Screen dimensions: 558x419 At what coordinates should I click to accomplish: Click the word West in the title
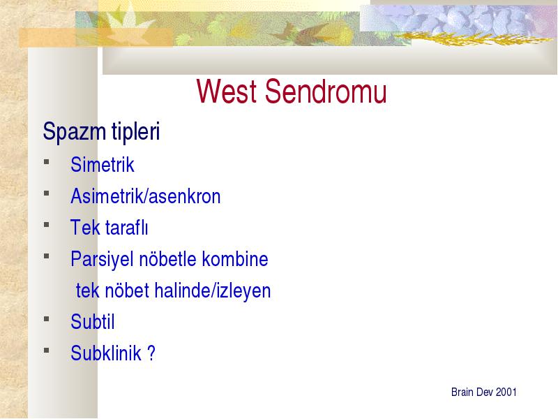(226, 91)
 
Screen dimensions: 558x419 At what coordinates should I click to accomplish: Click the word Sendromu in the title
(326, 91)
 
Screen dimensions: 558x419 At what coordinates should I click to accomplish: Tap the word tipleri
(135, 131)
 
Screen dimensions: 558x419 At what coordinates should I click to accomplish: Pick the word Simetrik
(103, 165)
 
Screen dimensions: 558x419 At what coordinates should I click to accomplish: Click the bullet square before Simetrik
(47, 162)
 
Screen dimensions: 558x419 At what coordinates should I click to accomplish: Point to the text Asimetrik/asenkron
(146, 196)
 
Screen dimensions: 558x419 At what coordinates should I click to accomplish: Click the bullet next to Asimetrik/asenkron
(47, 193)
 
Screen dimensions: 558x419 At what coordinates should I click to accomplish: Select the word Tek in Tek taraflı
(85, 228)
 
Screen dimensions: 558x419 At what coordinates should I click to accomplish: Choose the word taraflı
(126, 228)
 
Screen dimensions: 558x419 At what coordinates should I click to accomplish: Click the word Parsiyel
(102, 259)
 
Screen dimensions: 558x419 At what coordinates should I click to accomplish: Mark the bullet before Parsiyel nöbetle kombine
(47, 256)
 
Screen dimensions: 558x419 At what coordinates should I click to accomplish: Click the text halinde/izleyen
(213, 291)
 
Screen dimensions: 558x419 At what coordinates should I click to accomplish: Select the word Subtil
(93, 322)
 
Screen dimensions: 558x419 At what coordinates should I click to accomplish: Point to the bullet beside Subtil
(47, 319)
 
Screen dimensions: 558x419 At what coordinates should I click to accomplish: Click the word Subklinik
(106, 353)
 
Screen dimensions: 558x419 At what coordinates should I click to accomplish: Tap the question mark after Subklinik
(151, 353)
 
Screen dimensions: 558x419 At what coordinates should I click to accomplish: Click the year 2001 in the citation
(506, 392)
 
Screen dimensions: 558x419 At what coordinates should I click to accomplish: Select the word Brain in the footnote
(462, 392)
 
